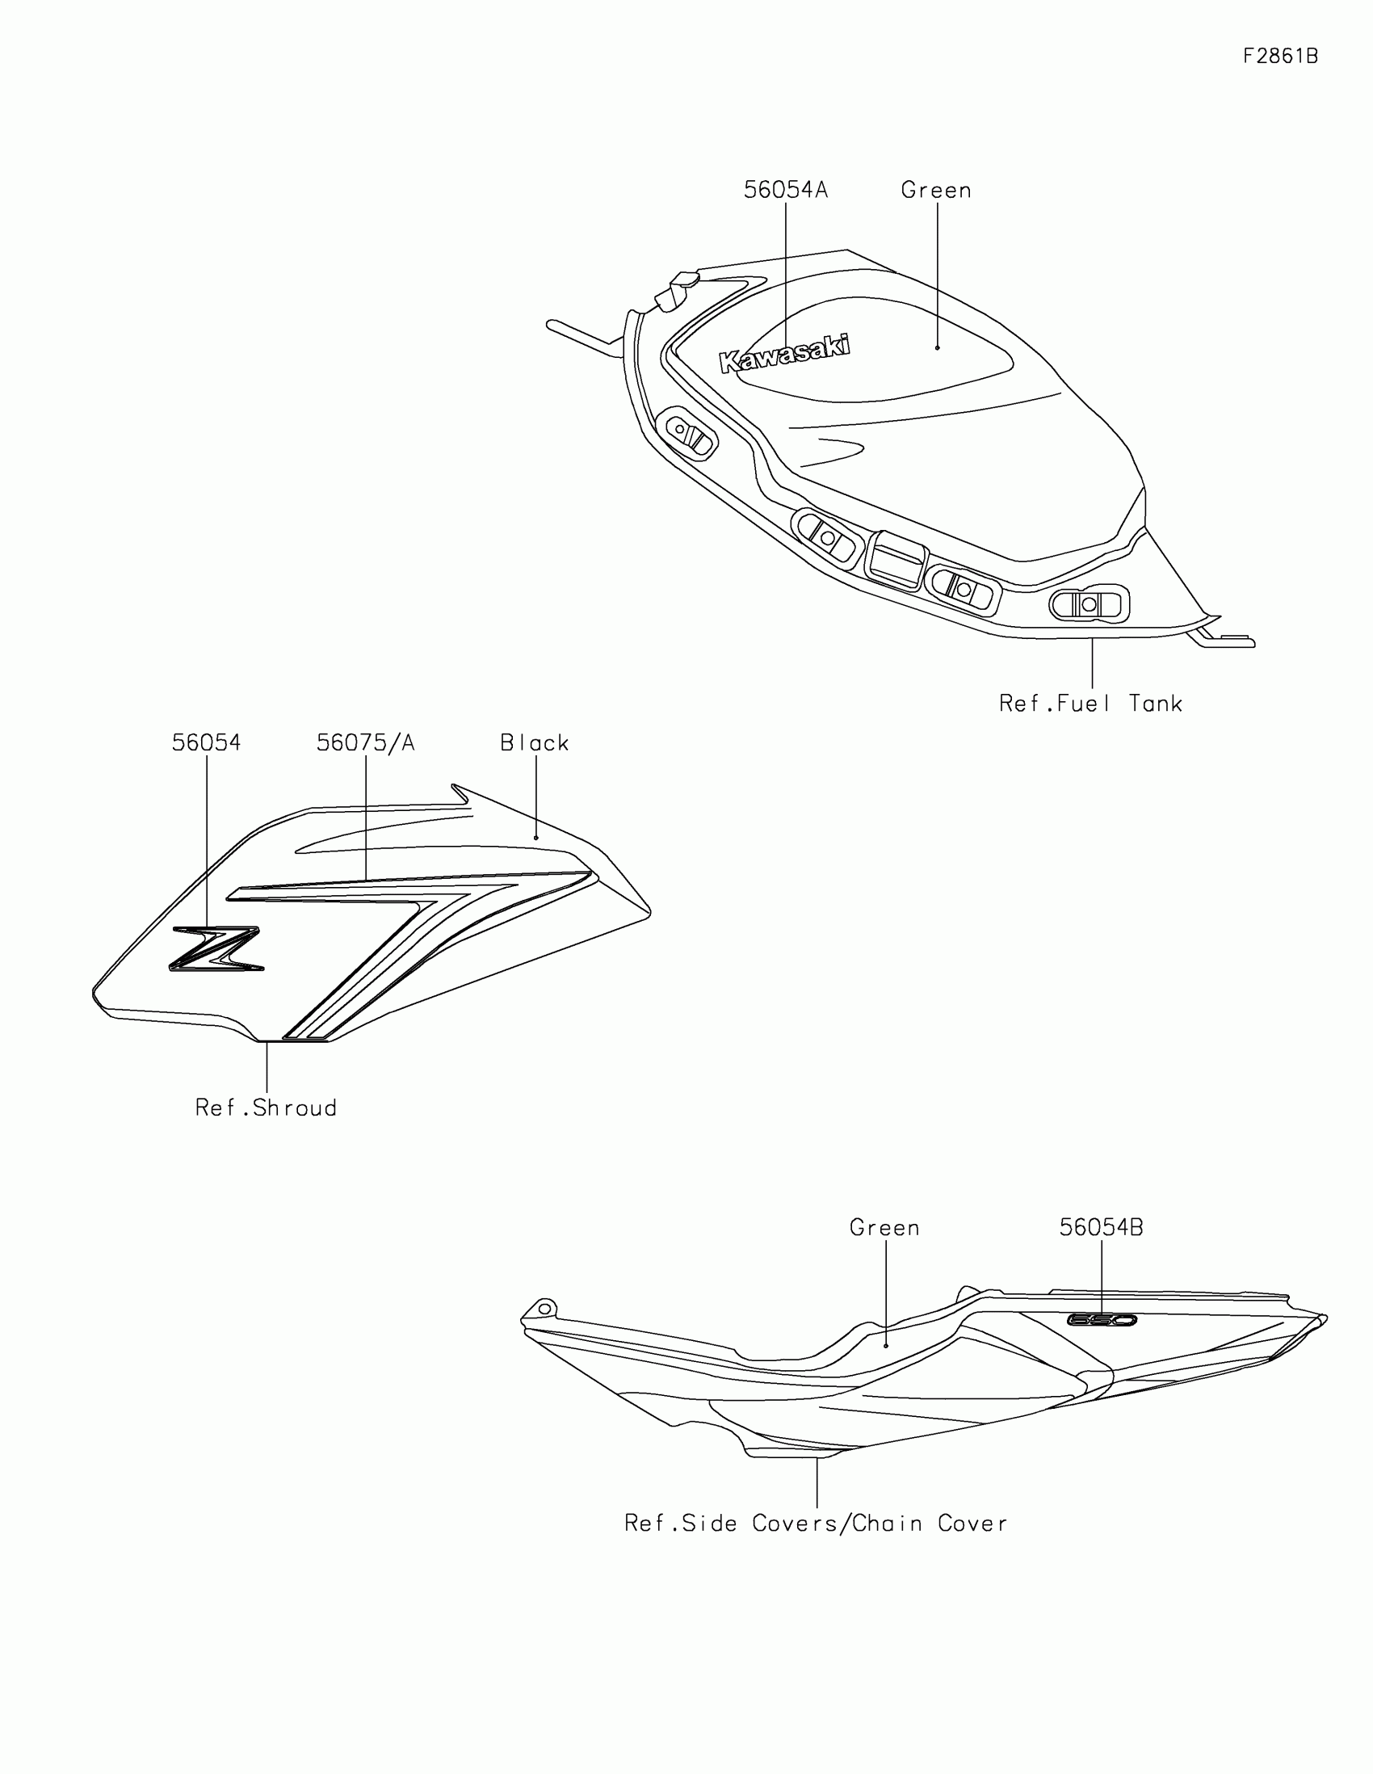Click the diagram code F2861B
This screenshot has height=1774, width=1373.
[1280, 56]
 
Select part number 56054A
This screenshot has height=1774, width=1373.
[785, 190]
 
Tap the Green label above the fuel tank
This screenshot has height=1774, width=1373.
[936, 190]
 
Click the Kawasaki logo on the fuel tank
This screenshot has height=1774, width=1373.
[784, 353]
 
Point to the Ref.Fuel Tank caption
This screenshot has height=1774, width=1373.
[1090, 704]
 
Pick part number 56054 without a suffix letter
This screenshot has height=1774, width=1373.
[206, 743]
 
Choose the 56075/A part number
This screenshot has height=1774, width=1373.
[365, 743]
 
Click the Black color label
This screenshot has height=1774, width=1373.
[535, 743]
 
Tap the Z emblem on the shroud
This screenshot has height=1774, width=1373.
[216, 948]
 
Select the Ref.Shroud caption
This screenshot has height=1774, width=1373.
[267, 1108]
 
